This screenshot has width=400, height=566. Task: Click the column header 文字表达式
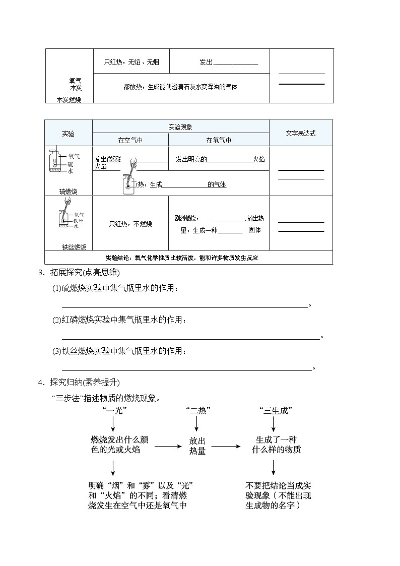point(301,134)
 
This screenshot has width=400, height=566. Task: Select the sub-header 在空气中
point(130,141)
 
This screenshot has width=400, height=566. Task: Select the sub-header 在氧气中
point(219,141)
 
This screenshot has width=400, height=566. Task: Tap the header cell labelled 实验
point(68,134)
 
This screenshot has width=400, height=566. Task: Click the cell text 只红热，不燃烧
point(130,223)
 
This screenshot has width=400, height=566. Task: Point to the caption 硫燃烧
point(69,192)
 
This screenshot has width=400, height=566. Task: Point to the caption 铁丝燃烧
point(74,247)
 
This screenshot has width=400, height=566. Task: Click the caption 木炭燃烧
point(69,100)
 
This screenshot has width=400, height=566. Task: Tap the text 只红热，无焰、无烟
point(131,62)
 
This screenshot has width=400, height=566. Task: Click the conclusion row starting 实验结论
point(188,258)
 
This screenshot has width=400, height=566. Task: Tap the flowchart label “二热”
point(197,411)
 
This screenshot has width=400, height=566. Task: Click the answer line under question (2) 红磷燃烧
point(191,339)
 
